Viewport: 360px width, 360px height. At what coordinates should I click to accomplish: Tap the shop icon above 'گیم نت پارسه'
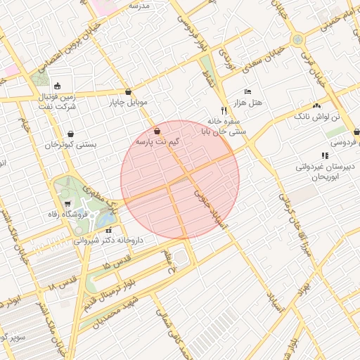156,131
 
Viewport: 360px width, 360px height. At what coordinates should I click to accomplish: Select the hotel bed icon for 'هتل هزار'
247,92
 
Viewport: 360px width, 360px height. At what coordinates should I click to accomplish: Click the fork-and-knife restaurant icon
224,110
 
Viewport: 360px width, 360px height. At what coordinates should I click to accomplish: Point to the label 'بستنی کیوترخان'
70,145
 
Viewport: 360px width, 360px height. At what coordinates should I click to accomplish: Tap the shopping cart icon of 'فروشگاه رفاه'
67,204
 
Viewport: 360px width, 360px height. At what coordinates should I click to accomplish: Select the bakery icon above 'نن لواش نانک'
316,105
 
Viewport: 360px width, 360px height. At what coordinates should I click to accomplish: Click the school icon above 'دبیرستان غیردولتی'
324,155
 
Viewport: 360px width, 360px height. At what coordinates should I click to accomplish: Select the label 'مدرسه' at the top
139,6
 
